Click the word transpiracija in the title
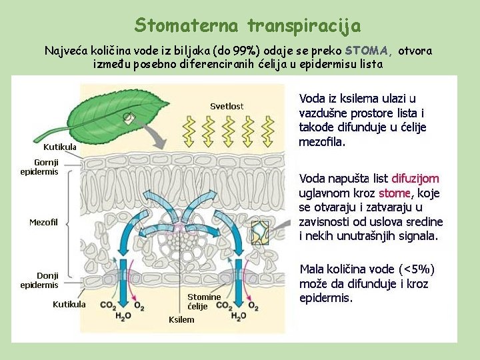coord(304,25)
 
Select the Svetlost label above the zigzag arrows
coord(227,106)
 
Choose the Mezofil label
coord(44,222)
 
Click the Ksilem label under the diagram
coord(181,319)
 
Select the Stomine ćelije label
coord(204,301)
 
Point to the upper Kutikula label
coord(60,147)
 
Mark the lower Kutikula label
coord(69,305)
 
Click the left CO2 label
coord(107,305)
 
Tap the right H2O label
coord(238,316)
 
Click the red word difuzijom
coord(415,178)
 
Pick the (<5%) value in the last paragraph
coord(416,269)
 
